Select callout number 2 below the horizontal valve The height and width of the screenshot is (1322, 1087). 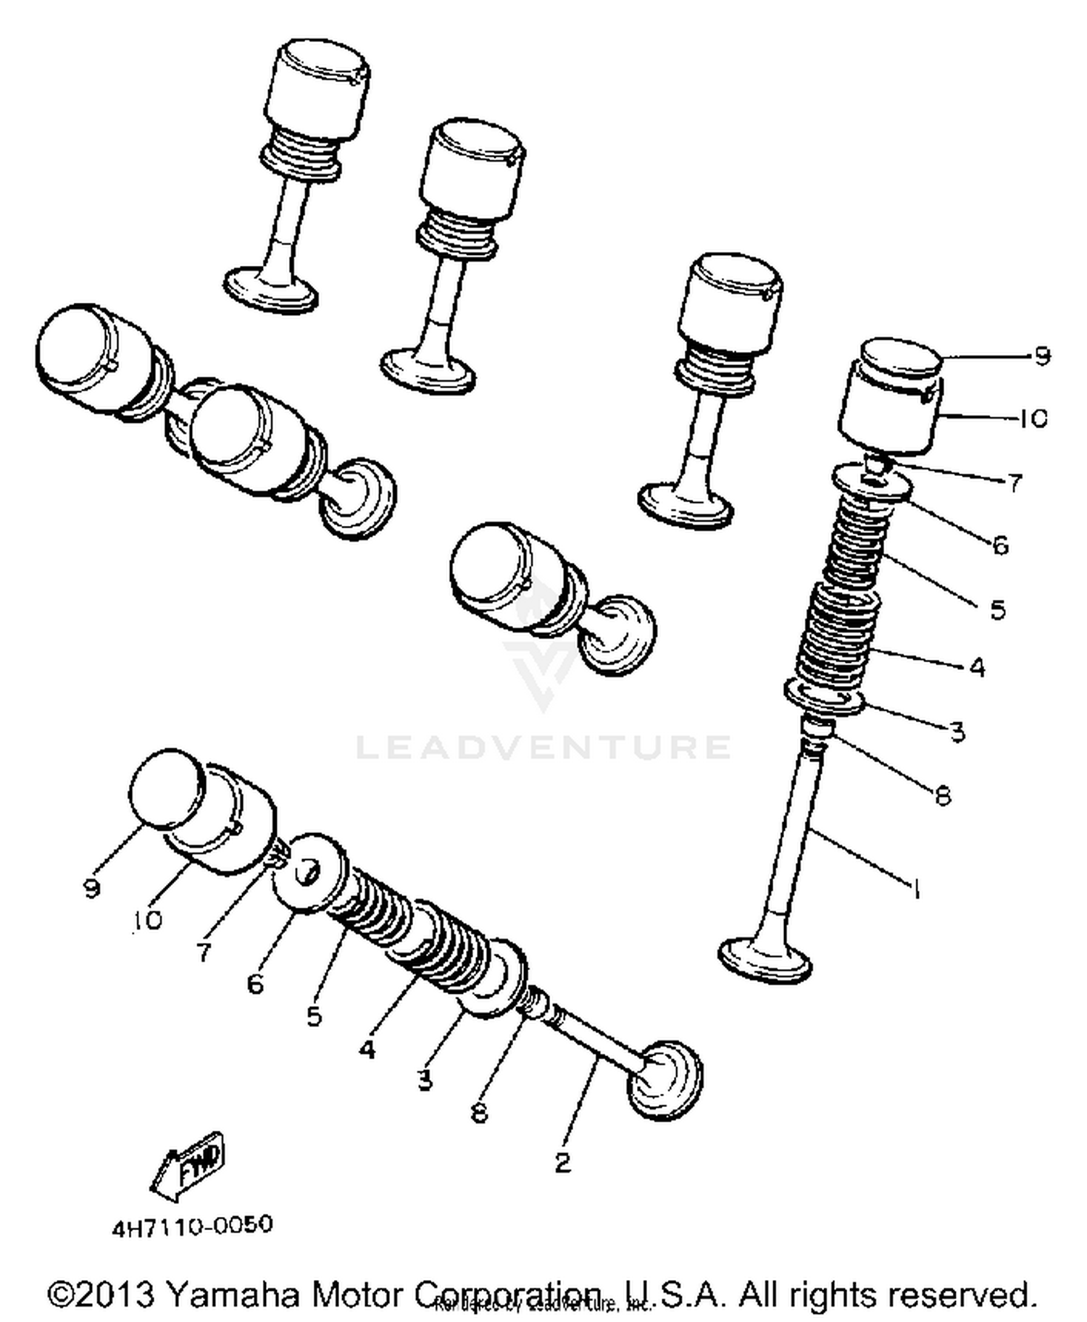click(562, 1162)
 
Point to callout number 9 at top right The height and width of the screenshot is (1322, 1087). click(1041, 356)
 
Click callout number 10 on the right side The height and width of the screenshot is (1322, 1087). click(1033, 418)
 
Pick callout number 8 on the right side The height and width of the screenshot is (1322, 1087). click(942, 795)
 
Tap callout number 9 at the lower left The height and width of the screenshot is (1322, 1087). click(91, 887)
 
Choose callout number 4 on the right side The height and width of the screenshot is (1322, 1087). click(977, 666)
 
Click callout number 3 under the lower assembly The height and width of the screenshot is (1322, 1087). click(425, 1079)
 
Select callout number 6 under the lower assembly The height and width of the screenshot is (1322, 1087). click(255, 984)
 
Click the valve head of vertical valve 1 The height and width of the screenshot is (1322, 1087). click(765, 960)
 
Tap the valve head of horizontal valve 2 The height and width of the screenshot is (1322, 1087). click(665, 1079)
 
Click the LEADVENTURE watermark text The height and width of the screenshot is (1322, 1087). click(543, 746)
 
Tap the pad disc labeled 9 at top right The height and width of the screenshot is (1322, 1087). click(901, 359)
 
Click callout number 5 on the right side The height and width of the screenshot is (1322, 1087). click(998, 609)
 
